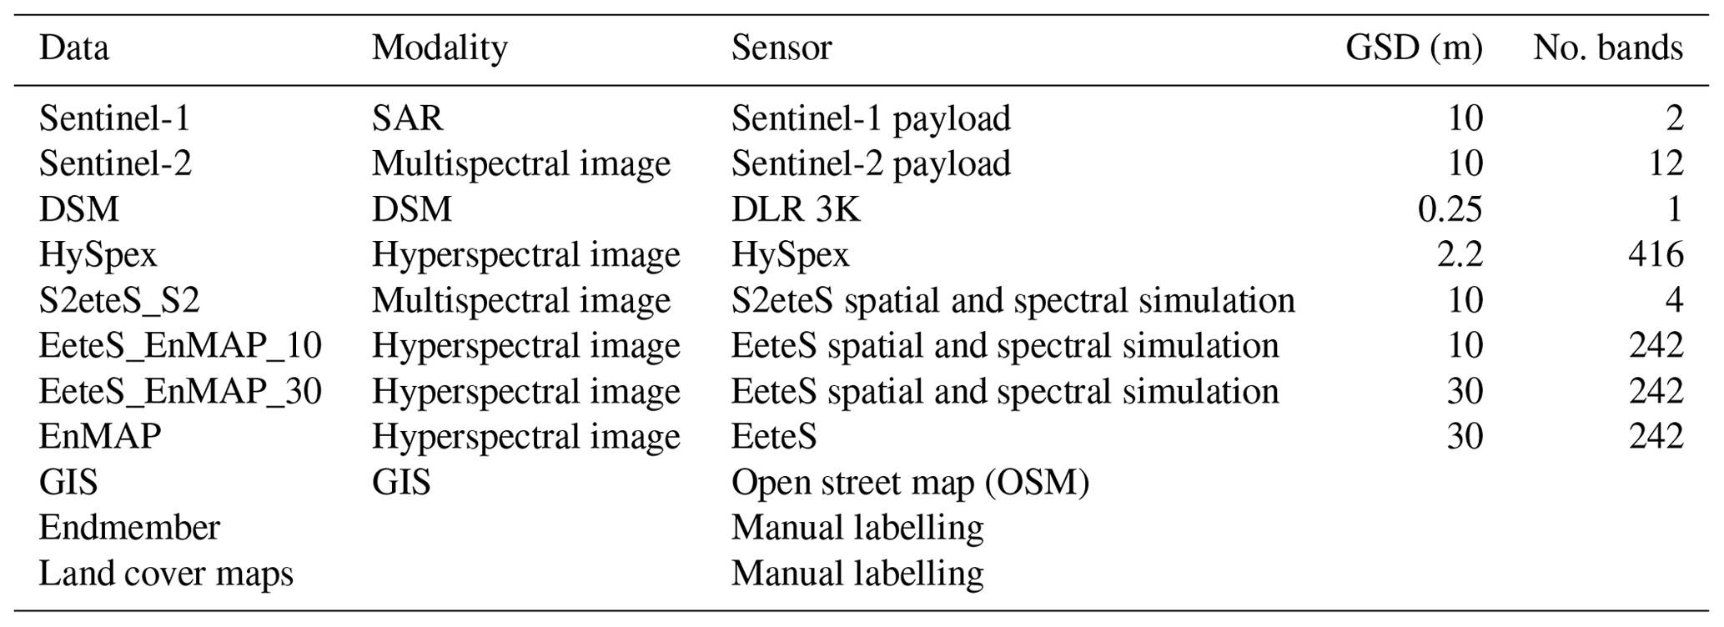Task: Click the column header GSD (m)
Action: click(x=1414, y=48)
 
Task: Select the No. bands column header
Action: click(x=1607, y=48)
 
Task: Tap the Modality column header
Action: click(x=440, y=48)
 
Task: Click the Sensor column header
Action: click(x=782, y=48)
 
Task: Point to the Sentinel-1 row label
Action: click(x=115, y=118)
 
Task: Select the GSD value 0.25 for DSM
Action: click(x=1450, y=209)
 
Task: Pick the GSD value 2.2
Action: click(x=1457, y=254)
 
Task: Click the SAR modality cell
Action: click(x=407, y=118)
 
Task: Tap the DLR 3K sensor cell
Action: click(x=795, y=209)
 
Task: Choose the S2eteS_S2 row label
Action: click(x=119, y=300)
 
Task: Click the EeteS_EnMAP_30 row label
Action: click(x=180, y=391)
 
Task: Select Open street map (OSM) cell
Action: click(x=910, y=482)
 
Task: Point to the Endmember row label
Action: click(x=129, y=528)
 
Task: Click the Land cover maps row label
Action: click(x=166, y=574)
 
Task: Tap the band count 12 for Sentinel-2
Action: click(x=1665, y=163)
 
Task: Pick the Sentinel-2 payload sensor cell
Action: click(x=871, y=163)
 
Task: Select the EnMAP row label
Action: click(x=100, y=436)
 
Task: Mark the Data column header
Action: click(x=73, y=48)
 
